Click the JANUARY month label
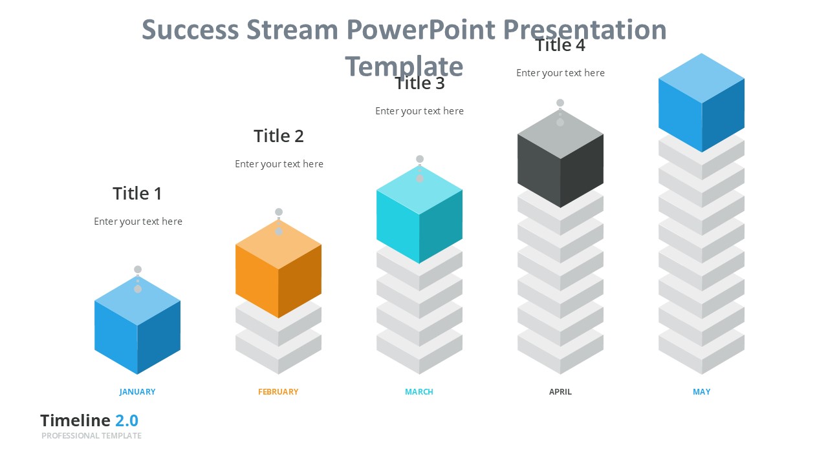[137, 391]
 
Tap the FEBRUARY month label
[278, 391]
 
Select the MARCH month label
[419, 391]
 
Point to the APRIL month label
[560, 391]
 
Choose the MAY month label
[701, 391]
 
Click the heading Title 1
[137, 193]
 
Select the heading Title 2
[278, 136]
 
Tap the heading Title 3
[420, 83]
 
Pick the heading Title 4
[560, 45]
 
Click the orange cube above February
[278, 271]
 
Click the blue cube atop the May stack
[701, 103]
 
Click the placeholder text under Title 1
[138, 222]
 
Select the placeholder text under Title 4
[560, 73]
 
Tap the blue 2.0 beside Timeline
[127, 420]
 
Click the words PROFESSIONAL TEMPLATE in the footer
[91, 436]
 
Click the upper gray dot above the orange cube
[279, 212]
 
